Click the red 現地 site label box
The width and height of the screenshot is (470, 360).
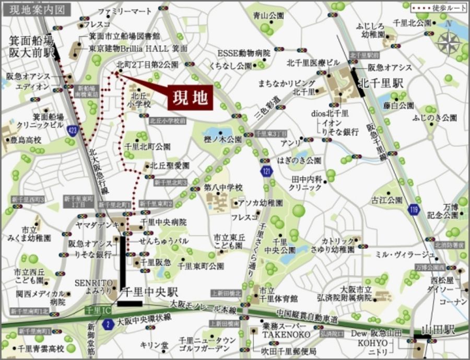point(190,97)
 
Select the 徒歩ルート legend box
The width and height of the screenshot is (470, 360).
point(438,8)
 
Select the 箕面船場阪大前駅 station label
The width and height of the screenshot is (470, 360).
point(31,46)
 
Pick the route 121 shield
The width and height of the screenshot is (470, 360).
point(266,172)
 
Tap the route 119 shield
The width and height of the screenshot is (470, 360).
point(414,209)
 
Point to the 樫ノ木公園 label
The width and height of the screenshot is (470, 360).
point(222,140)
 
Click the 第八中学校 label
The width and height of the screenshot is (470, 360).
point(224,187)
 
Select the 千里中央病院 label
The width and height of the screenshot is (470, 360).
point(163,222)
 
